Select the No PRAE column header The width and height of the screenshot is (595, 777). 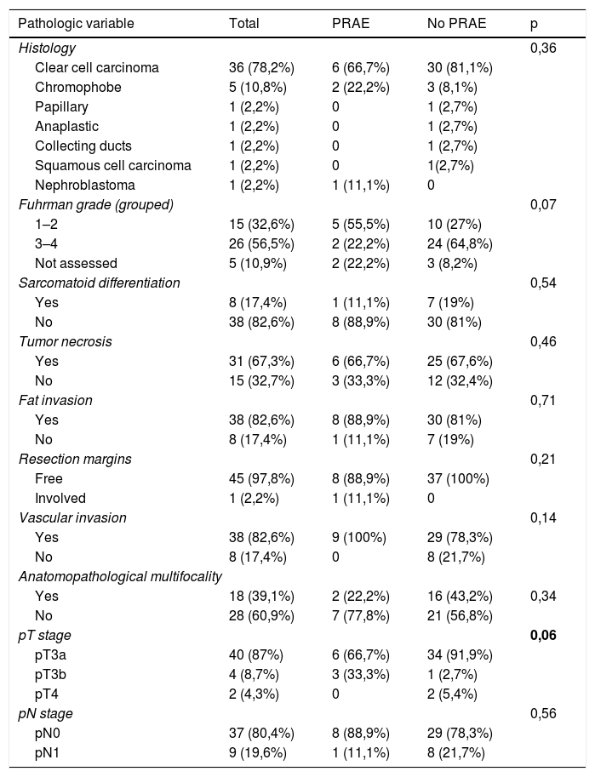pyautogui.click(x=455, y=23)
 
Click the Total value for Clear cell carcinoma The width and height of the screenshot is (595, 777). pyautogui.click(x=262, y=67)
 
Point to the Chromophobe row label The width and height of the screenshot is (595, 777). pyautogui.click(x=78, y=87)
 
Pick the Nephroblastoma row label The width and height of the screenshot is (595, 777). pyautogui.click(x=85, y=185)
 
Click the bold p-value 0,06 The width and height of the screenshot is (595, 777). pyautogui.click(x=544, y=635)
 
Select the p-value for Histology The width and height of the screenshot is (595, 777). pyautogui.click(x=543, y=49)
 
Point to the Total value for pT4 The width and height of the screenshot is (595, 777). pyautogui.click(x=257, y=694)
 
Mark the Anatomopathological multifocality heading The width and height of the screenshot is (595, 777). pyautogui.click(x=121, y=576)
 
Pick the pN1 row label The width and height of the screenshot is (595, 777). pyautogui.click(x=52, y=752)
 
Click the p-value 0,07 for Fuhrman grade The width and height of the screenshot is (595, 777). pyautogui.click(x=543, y=204)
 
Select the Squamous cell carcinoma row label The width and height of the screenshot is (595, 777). pyautogui.click(x=113, y=165)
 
